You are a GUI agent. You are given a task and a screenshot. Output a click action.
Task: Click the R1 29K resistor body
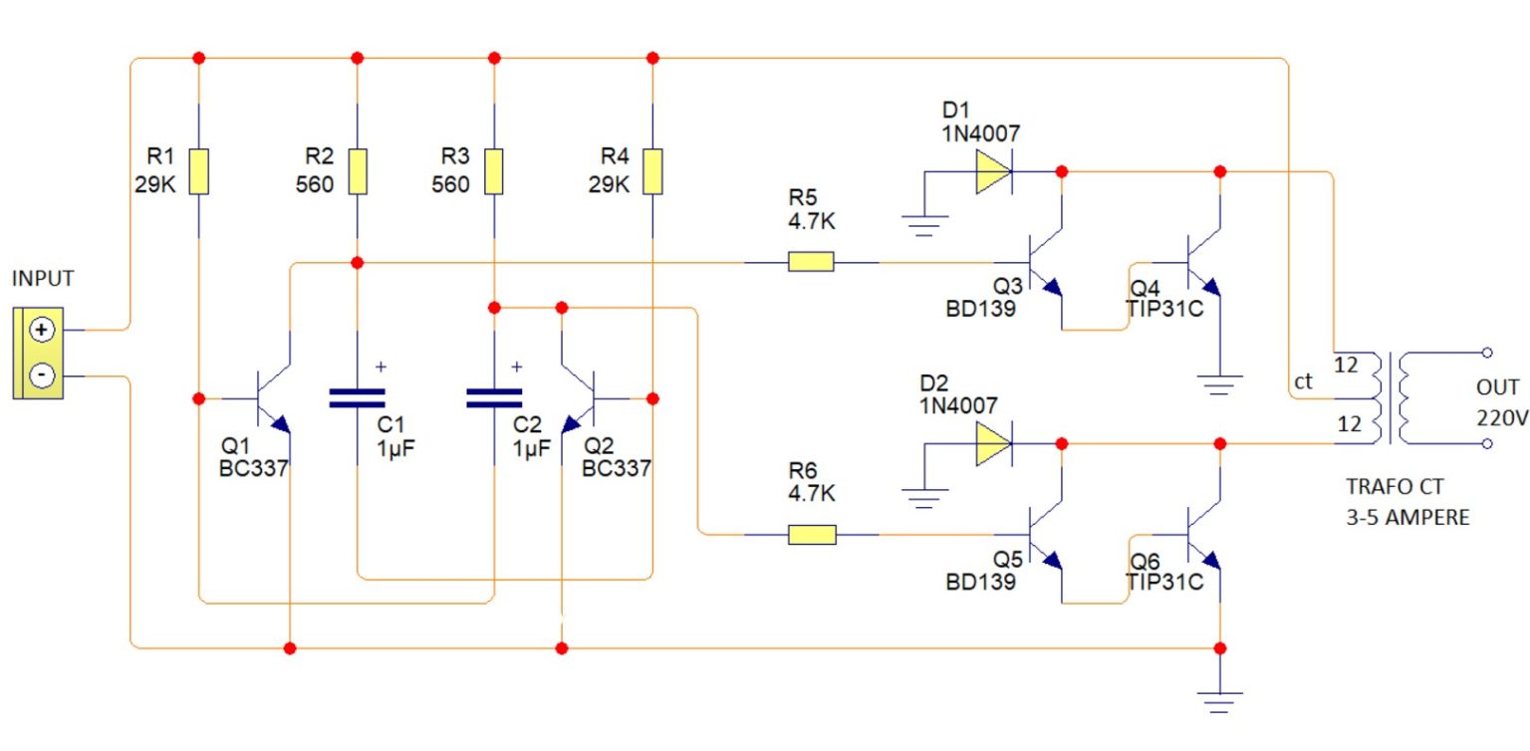tap(199, 171)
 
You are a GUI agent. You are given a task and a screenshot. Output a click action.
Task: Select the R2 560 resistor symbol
tap(358, 171)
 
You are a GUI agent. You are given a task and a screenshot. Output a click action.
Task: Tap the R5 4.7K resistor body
tap(811, 263)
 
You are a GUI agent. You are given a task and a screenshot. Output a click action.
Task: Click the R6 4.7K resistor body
tap(811, 535)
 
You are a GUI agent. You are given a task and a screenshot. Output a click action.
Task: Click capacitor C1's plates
tap(357, 398)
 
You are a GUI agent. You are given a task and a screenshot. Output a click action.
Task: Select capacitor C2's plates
tap(494, 398)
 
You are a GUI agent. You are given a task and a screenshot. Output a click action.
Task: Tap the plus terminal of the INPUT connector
tap(42, 330)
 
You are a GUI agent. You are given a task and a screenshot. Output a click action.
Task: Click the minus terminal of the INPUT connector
tap(42, 375)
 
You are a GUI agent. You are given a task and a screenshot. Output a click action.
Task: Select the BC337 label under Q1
tap(253, 468)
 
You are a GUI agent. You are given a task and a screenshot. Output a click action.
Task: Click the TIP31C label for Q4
tap(1165, 309)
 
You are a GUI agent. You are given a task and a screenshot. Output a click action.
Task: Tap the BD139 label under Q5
tap(980, 582)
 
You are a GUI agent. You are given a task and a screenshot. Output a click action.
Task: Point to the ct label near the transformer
tap(1303, 382)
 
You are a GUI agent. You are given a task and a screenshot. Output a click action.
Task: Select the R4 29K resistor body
tap(652, 171)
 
